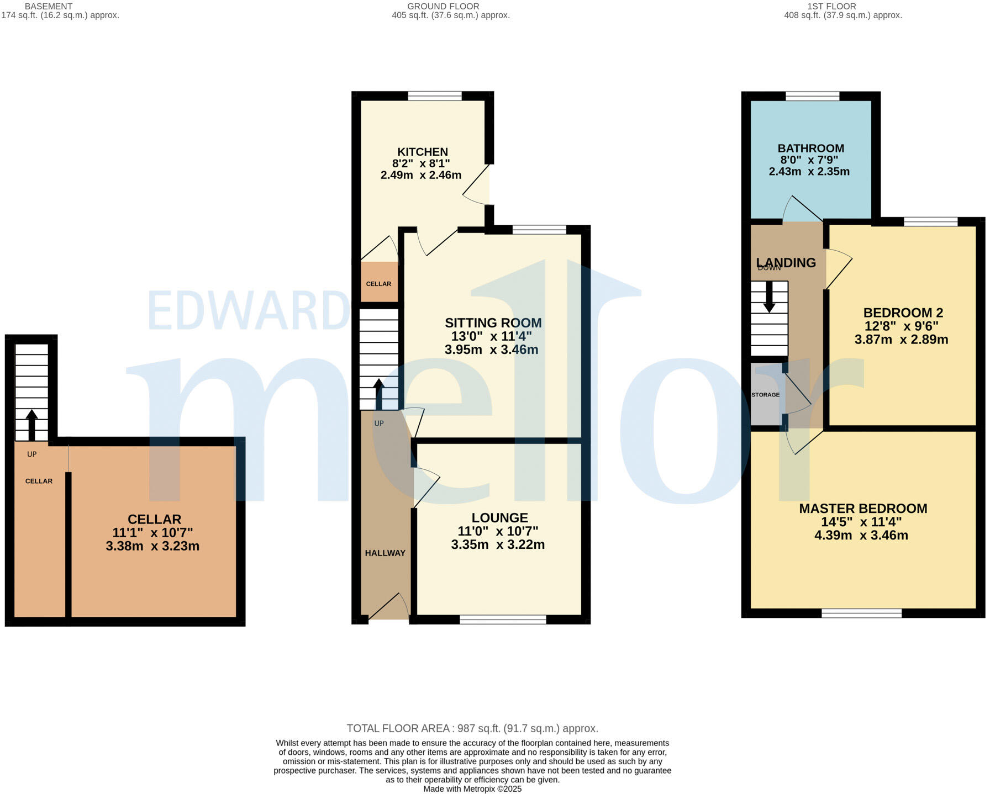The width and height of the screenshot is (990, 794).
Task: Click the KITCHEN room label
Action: tap(422, 152)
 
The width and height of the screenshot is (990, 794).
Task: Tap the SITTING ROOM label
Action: tap(493, 323)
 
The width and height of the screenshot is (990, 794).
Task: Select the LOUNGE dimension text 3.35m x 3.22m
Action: tap(498, 545)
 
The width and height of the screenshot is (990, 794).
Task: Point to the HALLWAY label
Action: tap(385, 553)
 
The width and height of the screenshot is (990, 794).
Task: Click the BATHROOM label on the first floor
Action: tap(810, 149)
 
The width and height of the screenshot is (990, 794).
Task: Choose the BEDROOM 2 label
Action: tap(903, 313)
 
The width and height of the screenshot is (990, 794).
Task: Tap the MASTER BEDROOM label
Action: tap(863, 509)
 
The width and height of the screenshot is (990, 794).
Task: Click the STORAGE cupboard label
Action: tap(765, 395)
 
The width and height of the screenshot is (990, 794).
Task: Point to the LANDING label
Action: tap(786, 263)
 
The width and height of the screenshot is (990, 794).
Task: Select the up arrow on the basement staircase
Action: tap(32, 424)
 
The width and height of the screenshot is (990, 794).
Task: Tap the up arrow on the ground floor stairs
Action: tap(379, 393)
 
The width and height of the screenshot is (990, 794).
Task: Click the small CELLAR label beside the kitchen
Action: tap(378, 284)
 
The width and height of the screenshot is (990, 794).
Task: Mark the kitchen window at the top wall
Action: tap(435, 96)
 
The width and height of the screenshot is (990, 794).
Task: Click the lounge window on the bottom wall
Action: tap(503, 620)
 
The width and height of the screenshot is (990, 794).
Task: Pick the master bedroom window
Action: tap(861, 613)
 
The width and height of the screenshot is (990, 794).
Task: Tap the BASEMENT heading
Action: tap(49, 6)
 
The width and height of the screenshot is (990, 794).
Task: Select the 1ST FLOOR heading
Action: tap(831, 6)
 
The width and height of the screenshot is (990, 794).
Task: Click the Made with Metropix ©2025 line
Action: tap(472, 789)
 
